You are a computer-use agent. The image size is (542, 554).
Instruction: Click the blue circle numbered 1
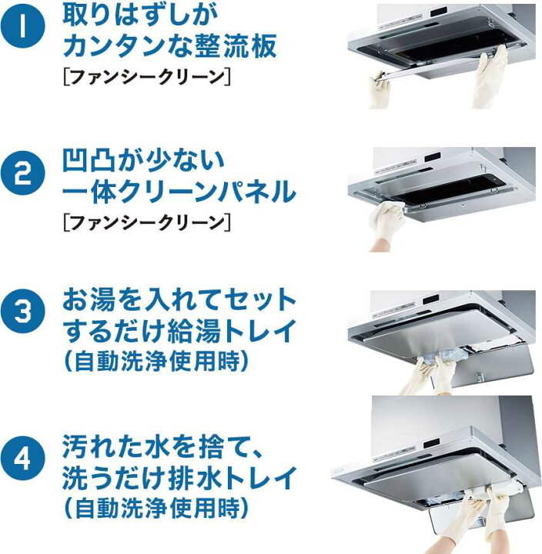point(22,25)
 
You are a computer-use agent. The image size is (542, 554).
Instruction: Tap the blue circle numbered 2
point(22,173)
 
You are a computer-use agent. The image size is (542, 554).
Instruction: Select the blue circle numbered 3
point(22,311)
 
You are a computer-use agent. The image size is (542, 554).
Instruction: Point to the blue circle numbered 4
point(22,459)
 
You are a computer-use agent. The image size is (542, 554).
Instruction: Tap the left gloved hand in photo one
point(380,88)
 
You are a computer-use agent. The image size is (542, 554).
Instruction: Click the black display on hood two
point(432,155)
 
